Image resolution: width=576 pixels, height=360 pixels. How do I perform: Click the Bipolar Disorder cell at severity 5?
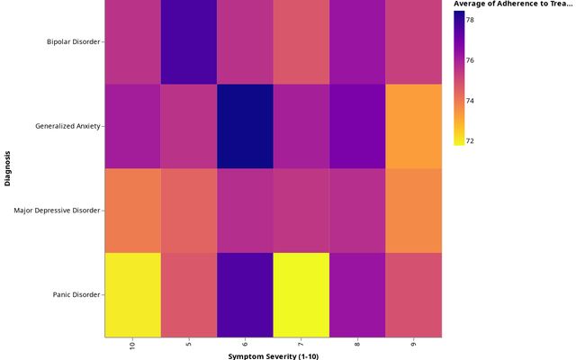[x=189, y=42]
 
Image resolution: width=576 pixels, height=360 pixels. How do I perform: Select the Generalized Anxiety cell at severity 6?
[x=245, y=126]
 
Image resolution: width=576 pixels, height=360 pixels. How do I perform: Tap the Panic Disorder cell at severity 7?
[x=301, y=294]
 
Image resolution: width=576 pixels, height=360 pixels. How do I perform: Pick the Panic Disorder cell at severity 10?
[x=133, y=294]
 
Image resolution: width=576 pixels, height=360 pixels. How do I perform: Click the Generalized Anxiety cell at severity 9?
[x=413, y=126]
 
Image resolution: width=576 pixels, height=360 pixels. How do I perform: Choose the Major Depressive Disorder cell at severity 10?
[x=133, y=211]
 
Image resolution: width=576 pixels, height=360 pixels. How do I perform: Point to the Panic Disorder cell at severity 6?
[x=245, y=294]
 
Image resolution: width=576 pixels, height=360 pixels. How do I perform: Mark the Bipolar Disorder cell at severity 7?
[x=301, y=42]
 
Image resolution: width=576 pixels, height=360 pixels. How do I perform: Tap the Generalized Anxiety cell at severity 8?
[x=357, y=126]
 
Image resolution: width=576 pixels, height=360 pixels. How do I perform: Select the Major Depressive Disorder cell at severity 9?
[x=413, y=211]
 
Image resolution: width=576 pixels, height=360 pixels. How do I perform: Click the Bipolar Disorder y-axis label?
[x=74, y=42]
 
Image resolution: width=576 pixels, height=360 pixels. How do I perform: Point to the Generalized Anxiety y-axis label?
[x=68, y=126]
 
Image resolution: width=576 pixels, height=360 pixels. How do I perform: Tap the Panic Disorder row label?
[x=76, y=294]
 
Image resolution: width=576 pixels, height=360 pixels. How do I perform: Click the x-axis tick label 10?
[x=133, y=347]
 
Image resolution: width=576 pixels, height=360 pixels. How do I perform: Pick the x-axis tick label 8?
[x=357, y=345]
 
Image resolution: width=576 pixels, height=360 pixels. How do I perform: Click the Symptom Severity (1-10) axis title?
[x=273, y=356]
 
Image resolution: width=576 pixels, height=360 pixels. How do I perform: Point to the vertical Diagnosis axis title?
[x=8, y=168]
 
